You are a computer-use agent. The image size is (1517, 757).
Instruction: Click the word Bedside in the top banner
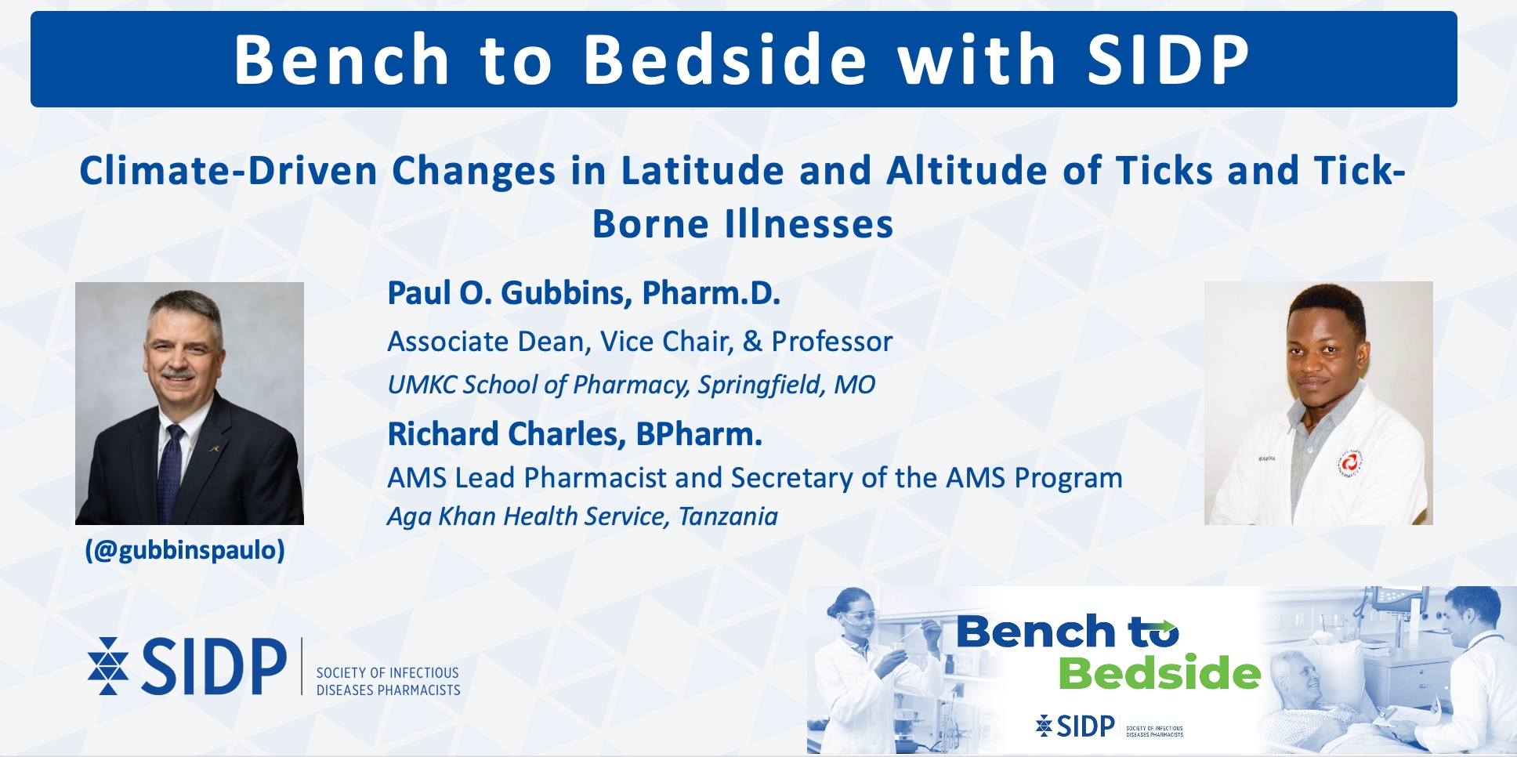point(726,60)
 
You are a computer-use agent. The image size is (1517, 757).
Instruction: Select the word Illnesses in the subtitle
point(809,224)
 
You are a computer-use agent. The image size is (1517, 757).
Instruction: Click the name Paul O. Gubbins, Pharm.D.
point(584,293)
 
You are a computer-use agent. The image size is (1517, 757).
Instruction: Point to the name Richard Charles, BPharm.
point(575,434)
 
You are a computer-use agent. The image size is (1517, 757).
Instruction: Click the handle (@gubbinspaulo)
point(185,550)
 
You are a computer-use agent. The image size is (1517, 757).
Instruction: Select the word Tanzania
point(728,516)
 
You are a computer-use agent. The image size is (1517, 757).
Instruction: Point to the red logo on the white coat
point(1349,464)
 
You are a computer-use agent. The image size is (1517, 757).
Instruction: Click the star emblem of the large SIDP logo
point(108,666)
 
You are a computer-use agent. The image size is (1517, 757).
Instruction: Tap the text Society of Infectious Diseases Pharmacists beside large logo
point(388,682)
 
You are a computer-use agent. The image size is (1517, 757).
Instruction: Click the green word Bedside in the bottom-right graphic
point(1160,673)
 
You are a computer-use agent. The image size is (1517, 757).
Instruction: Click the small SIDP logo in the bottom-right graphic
point(1075,726)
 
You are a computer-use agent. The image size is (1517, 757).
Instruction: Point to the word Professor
point(832,342)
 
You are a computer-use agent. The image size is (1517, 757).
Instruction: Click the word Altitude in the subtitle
point(967,171)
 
